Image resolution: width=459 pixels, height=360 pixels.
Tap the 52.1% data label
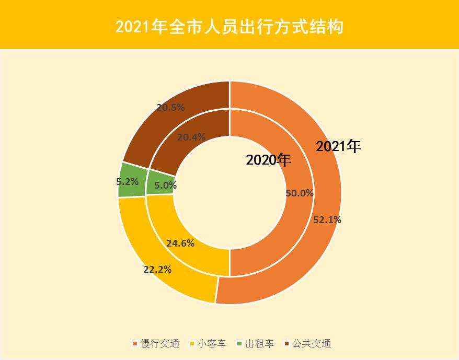(327, 220)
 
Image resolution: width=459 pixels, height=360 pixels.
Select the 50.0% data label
(300, 193)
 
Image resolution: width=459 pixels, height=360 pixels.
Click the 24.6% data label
(180, 243)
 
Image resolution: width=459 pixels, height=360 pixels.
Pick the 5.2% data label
(127, 182)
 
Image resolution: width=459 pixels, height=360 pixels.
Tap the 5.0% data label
(165, 185)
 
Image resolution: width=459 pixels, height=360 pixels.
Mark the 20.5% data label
(170, 107)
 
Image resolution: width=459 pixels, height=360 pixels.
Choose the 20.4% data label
(191, 137)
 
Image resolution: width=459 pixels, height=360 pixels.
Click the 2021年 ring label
(339, 147)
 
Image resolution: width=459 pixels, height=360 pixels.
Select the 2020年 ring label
(268, 160)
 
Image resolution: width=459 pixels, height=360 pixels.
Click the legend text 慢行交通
(160, 344)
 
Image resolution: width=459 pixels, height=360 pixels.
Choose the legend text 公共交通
(312, 344)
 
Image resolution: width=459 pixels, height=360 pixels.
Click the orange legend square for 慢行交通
(135, 344)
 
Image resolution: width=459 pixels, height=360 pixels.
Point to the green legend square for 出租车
(239, 344)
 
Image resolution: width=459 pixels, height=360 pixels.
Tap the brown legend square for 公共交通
(286, 344)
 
